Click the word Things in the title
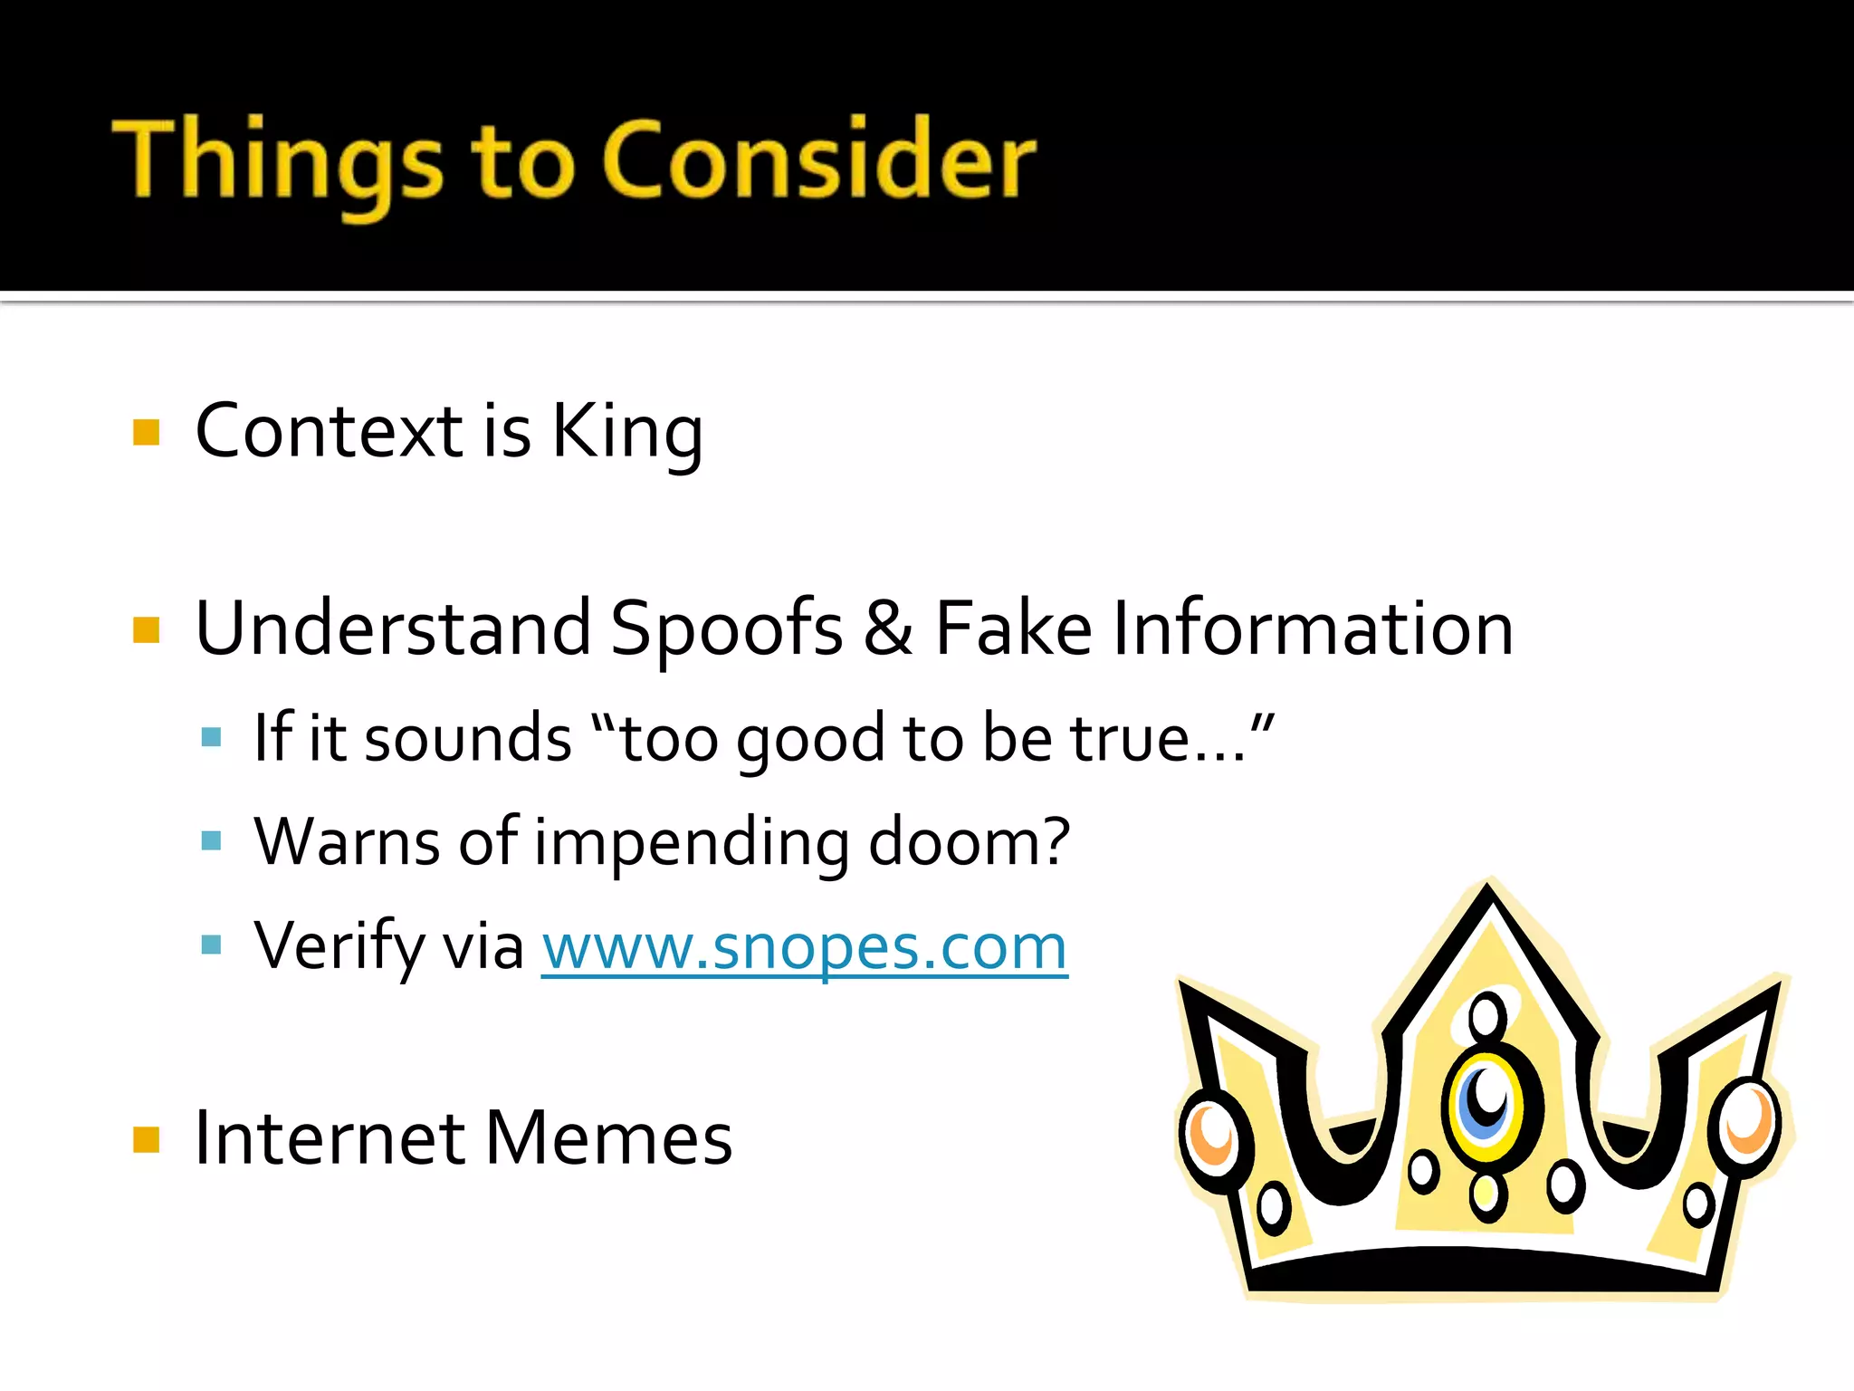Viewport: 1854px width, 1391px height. pyautogui.click(x=277, y=161)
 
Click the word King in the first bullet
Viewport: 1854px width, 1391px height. pyautogui.click(x=626, y=433)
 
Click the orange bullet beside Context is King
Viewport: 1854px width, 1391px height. pyautogui.click(x=146, y=432)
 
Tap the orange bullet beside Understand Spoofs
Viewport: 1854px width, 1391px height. pyautogui.click(x=146, y=629)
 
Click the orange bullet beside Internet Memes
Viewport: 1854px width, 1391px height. pyautogui.click(x=146, y=1139)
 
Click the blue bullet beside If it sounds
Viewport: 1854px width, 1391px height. pyautogui.click(x=212, y=737)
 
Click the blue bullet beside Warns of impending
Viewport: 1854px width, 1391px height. pyautogui.click(x=212, y=841)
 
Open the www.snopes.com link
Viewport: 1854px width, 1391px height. pyautogui.click(x=804, y=947)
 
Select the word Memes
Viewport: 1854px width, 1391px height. pyautogui.click(x=608, y=1138)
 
